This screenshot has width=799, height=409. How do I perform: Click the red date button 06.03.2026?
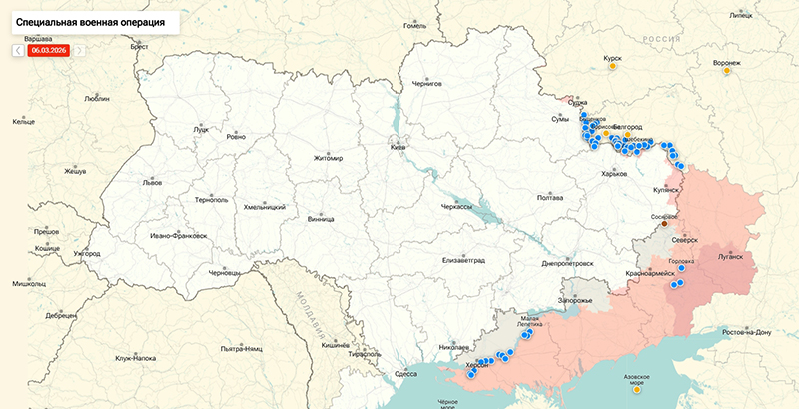[x=48, y=49]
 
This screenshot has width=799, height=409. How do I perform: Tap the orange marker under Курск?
[x=613, y=70]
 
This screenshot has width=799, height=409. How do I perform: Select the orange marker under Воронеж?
[x=726, y=71]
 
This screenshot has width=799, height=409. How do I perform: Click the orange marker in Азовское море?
[x=636, y=389]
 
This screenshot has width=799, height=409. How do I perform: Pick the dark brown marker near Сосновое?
[x=663, y=224]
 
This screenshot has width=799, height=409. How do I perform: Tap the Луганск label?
[x=729, y=256]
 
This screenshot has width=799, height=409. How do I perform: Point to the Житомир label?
[x=328, y=158]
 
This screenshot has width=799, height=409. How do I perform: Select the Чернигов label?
[x=426, y=85]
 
